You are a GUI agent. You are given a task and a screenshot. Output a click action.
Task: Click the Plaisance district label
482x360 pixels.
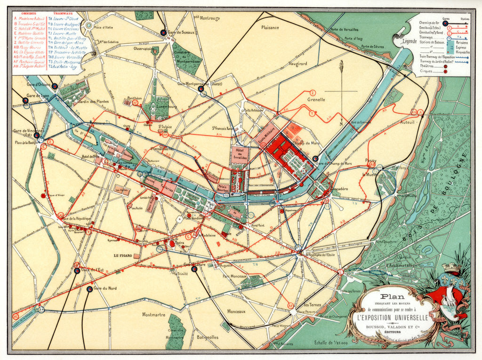pos(271,28)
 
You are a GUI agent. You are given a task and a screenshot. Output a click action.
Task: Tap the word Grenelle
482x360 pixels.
pos(316,100)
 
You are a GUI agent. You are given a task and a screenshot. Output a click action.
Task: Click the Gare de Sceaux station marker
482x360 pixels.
pos(163,32)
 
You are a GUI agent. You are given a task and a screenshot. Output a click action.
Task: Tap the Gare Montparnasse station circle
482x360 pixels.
pos(201,88)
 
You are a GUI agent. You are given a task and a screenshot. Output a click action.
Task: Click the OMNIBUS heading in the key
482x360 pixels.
pos(23,15)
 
